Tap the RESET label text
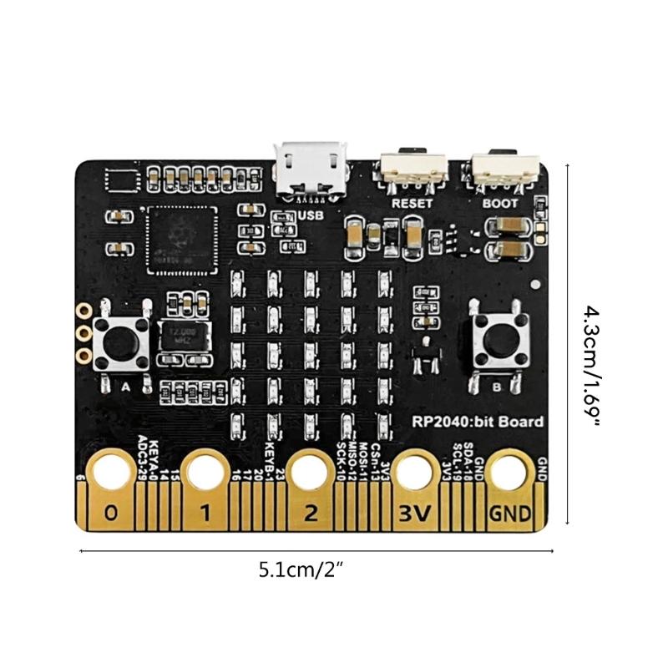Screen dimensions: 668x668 (412, 203)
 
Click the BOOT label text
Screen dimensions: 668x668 (500, 203)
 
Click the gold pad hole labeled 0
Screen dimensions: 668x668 (110, 474)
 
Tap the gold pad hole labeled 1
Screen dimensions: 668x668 (206, 474)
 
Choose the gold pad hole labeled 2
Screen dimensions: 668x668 (311, 474)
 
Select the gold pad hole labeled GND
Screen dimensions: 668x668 (509, 474)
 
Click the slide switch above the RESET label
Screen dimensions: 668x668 (413, 170)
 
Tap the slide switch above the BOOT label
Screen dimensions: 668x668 (504, 170)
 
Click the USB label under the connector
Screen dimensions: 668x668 (310, 215)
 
